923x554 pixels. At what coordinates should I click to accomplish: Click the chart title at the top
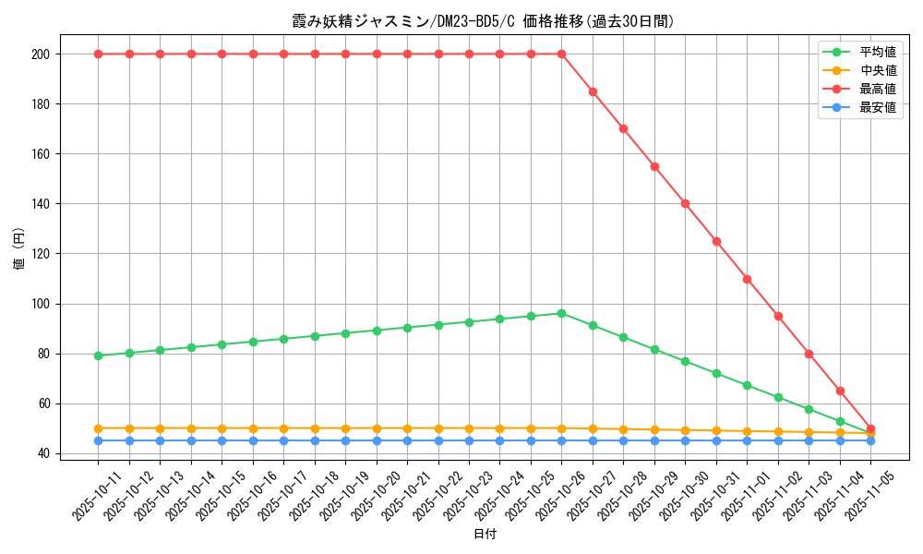pyautogui.click(x=484, y=21)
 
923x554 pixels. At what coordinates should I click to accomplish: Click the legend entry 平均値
pyautogui.click(x=877, y=52)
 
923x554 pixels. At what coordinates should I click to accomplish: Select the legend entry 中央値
pyautogui.click(x=877, y=70)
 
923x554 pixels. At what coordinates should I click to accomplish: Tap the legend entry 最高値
pyautogui.click(x=877, y=89)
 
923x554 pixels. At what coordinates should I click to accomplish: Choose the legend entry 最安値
pyautogui.click(x=877, y=107)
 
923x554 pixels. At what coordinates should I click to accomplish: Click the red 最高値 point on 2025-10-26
pyautogui.click(x=561, y=54)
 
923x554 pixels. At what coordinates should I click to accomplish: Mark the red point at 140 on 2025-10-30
pyautogui.click(x=685, y=203)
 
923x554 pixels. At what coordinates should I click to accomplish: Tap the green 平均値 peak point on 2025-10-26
pyautogui.click(x=561, y=313)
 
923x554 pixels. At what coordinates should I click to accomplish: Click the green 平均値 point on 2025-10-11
pyautogui.click(x=98, y=355)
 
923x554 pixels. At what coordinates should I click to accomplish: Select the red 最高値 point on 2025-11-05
pyautogui.click(x=870, y=428)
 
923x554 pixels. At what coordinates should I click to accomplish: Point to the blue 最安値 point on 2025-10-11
pyautogui.click(x=98, y=440)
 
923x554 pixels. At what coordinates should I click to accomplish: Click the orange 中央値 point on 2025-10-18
pyautogui.click(x=315, y=428)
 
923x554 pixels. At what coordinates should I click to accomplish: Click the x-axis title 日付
pyautogui.click(x=484, y=535)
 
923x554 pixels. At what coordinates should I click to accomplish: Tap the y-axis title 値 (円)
pyautogui.click(x=19, y=249)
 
